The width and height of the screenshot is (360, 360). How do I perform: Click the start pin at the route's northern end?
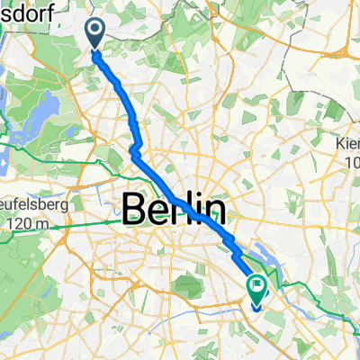tap(95, 34)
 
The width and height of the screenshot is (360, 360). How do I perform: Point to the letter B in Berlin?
tap(134, 210)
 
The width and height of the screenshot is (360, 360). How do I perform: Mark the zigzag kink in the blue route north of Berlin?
tap(134, 148)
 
